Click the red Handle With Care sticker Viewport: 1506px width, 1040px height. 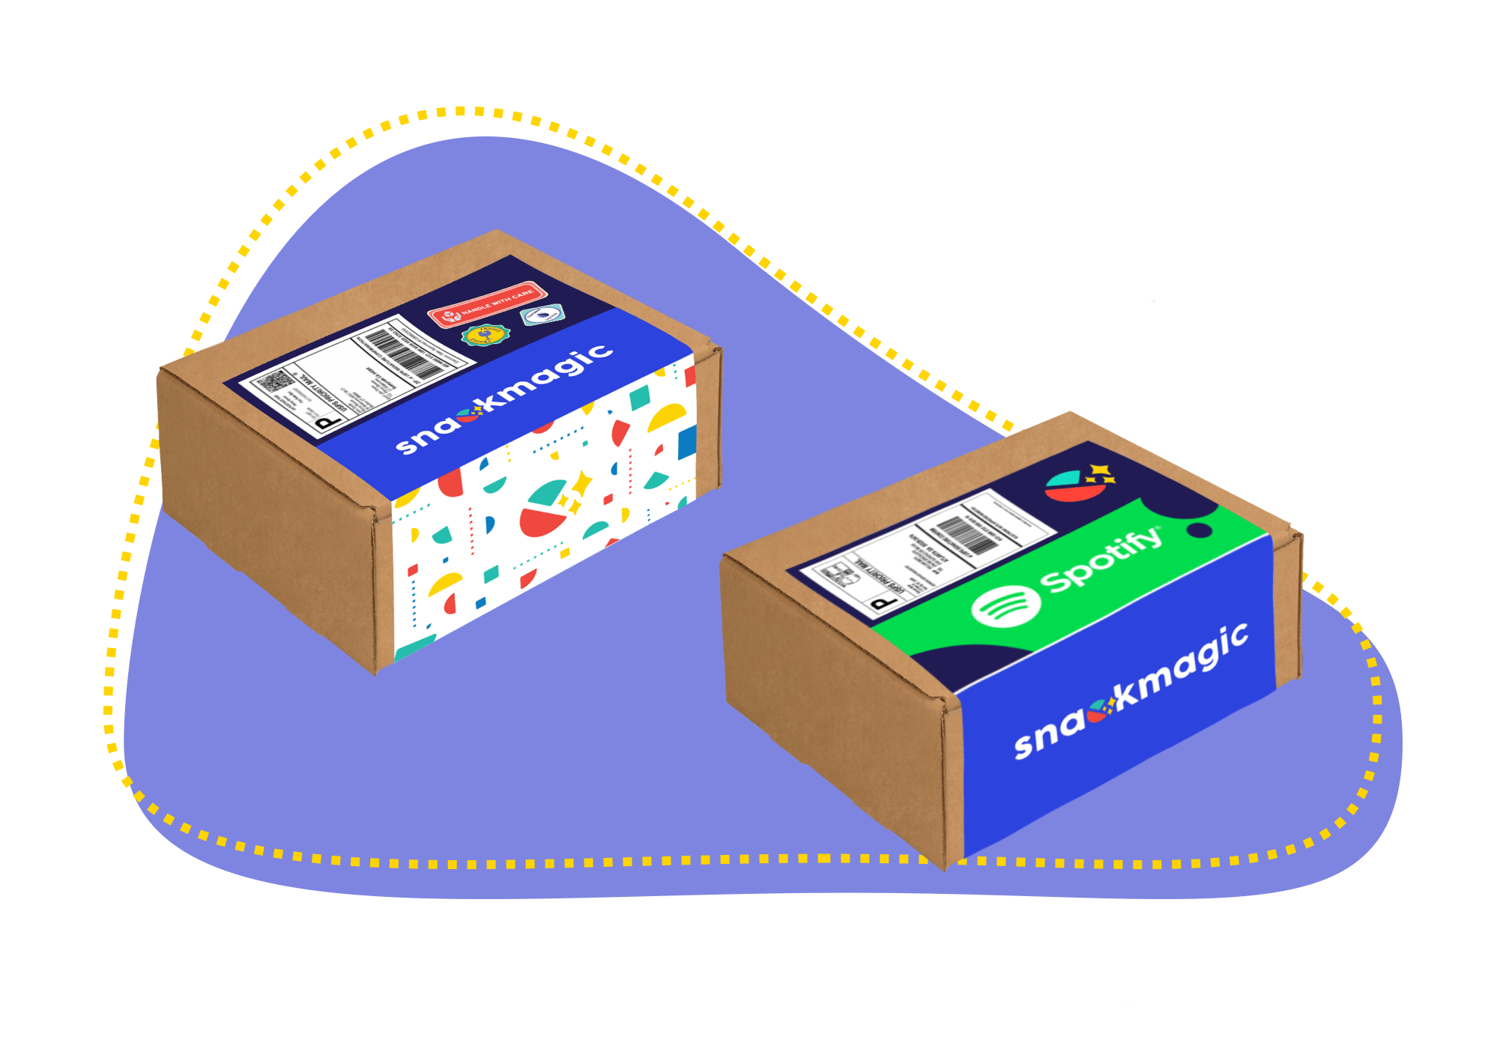point(487,303)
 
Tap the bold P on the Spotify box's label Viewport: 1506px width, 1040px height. point(885,602)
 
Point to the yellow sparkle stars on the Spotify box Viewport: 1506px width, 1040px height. point(1101,472)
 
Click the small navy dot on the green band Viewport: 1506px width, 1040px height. point(1200,530)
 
